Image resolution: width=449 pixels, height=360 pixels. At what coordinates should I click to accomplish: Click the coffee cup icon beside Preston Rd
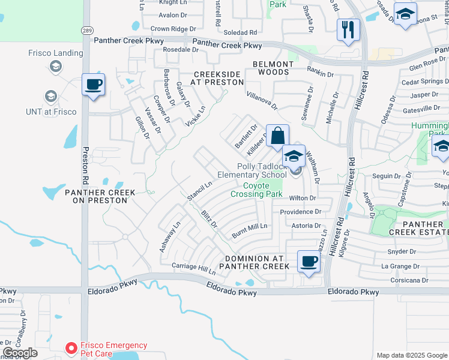coord(93,85)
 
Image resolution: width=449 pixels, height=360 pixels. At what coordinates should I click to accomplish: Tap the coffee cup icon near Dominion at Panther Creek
coord(309,261)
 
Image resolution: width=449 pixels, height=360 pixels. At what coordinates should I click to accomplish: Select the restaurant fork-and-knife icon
coord(348,29)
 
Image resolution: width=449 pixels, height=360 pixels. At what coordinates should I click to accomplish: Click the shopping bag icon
coord(278,136)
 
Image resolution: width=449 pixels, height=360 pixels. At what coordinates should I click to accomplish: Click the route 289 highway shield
coord(86,29)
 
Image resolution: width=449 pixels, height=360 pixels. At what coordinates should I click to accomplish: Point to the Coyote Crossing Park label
coord(257,190)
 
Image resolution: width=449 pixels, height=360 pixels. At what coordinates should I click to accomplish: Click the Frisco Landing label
coord(56,53)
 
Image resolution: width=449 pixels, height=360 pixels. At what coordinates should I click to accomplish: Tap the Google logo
coord(20,353)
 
